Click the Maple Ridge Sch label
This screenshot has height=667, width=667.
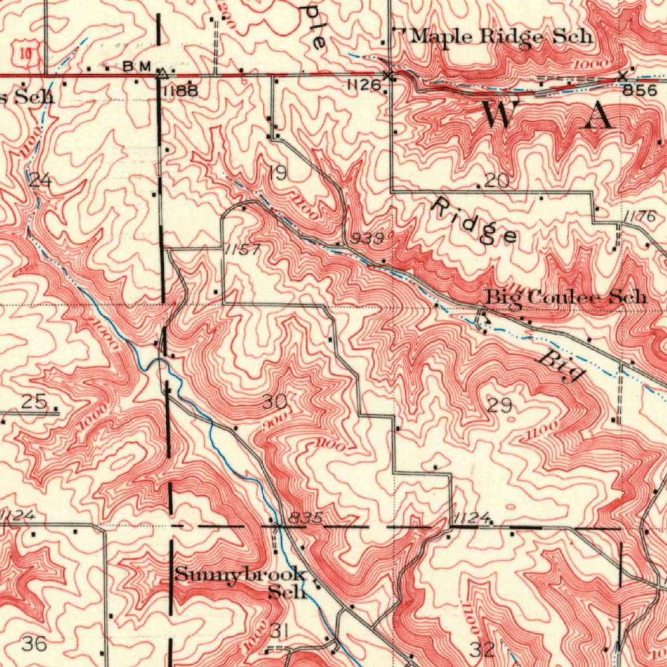(x=502, y=36)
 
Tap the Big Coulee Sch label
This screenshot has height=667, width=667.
(x=566, y=298)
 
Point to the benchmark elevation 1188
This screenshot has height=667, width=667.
(x=180, y=91)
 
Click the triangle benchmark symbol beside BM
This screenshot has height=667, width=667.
(x=162, y=73)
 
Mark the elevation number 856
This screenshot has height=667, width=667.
(x=639, y=91)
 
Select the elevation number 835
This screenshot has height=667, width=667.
(x=305, y=518)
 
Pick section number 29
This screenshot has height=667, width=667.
(x=500, y=406)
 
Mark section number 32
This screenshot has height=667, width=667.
(x=482, y=649)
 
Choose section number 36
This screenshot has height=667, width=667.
(x=34, y=644)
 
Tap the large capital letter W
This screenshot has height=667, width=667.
(x=498, y=116)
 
